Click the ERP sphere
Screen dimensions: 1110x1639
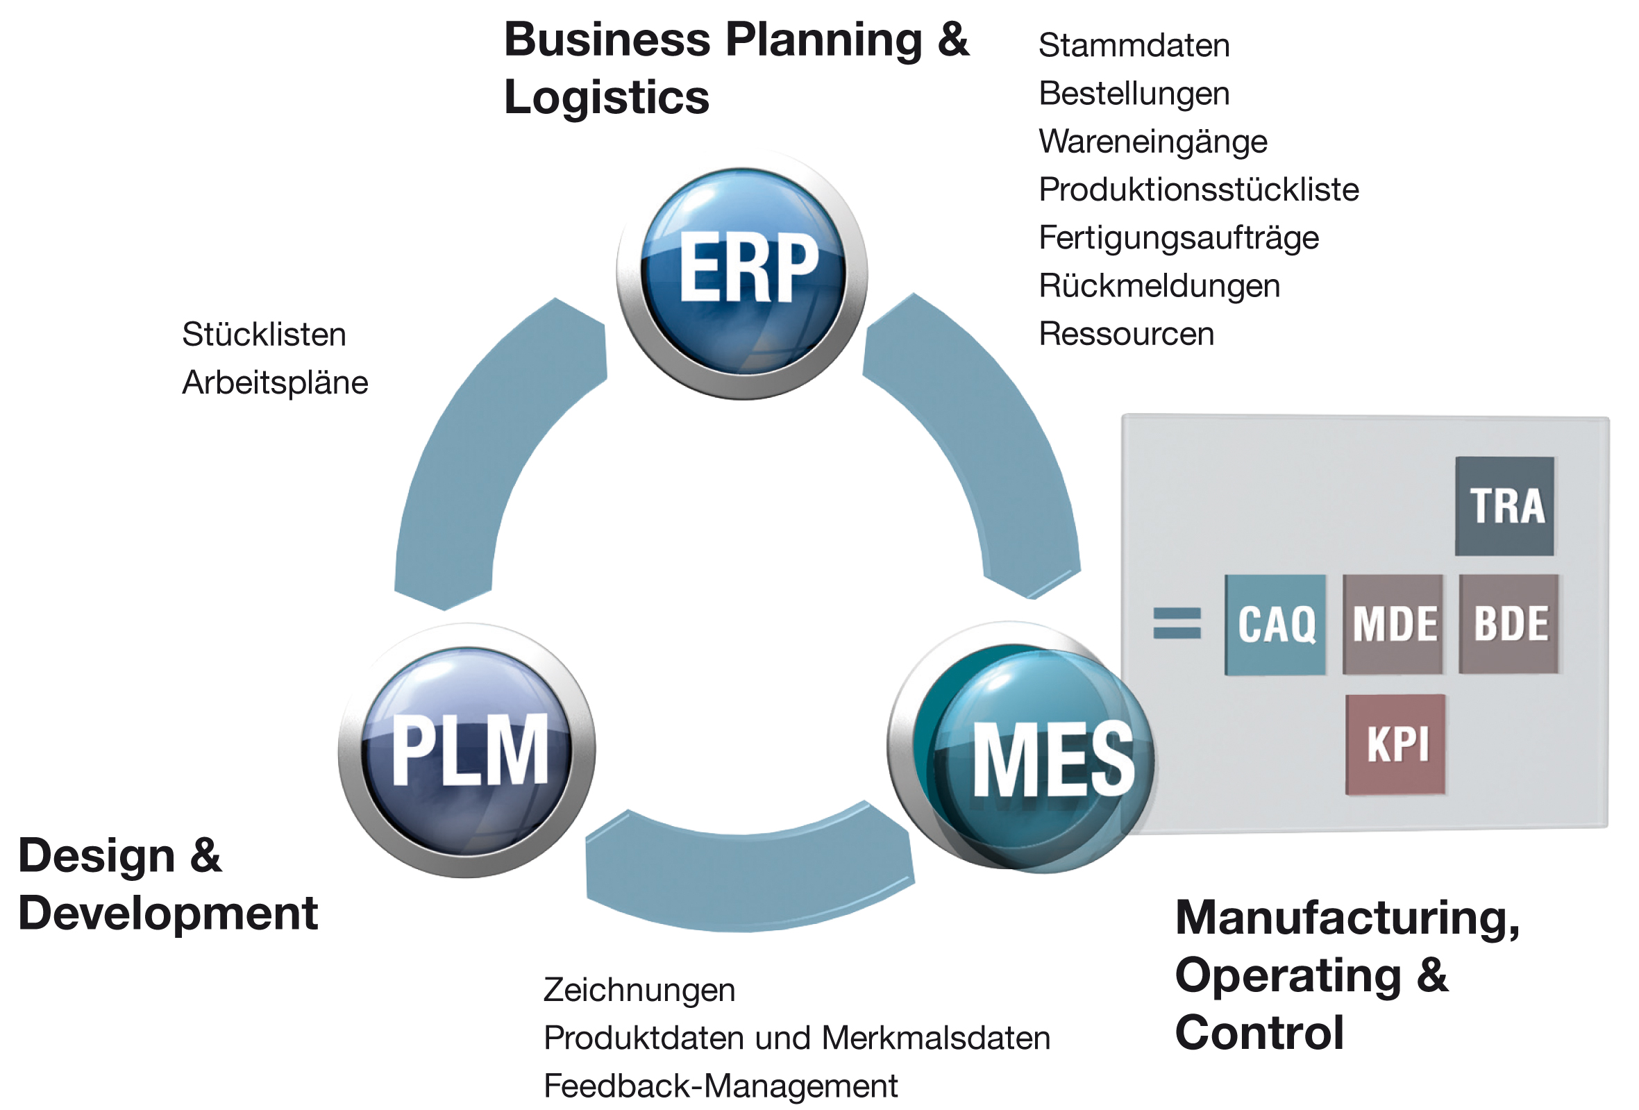[x=743, y=273]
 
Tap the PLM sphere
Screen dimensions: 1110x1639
[x=468, y=750]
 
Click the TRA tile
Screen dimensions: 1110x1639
[x=1504, y=505]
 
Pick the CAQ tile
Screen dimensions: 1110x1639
[x=1275, y=625]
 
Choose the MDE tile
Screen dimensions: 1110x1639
[x=1393, y=625]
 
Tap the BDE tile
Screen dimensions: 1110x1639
[x=1509, y=624]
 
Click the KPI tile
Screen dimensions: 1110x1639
[x=1396, y=745]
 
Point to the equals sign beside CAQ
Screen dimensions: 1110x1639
[x=1177, y=623]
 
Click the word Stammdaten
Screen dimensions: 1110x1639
[x=1134, y=46]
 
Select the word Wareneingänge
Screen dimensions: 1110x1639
[x=1153, y=142]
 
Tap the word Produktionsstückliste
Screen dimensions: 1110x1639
[x=1198, y=190]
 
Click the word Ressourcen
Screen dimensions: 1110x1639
[x=1126, y=335]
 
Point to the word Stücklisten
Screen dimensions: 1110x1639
[x=264, y=335]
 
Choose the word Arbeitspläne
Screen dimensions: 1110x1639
[x=275, y=383]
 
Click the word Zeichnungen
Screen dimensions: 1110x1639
[x=639, y=990]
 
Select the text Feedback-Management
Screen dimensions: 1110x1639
[x=720, y=1086]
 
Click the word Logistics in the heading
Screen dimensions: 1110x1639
[x=607, y=97]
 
